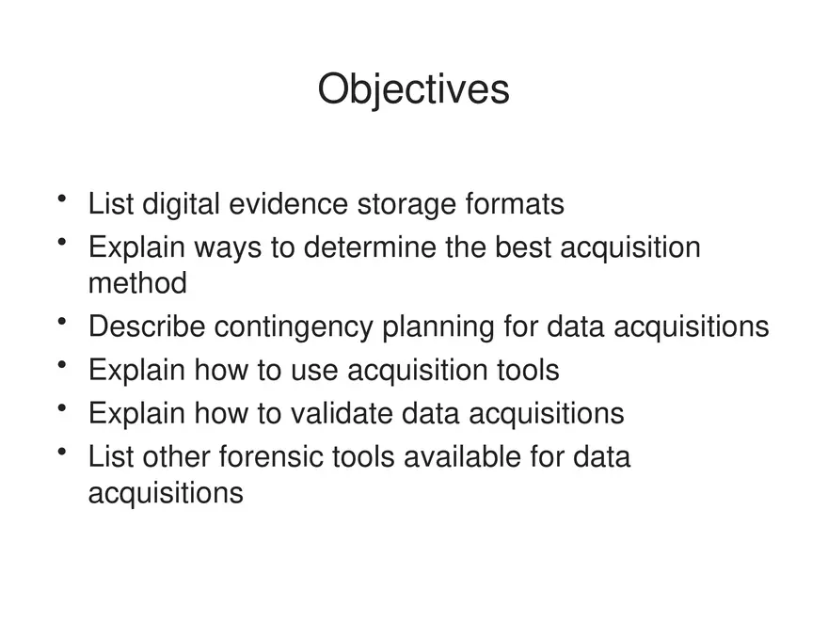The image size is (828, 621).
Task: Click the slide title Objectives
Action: [413, 90]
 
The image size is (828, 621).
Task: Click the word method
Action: [137, 282]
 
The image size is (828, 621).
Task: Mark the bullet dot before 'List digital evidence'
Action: [62, 199]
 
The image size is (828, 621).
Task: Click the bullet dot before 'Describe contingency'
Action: [62, 321]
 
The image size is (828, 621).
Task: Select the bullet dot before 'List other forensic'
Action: [62, 452]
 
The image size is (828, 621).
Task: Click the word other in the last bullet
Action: [176, 456]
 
